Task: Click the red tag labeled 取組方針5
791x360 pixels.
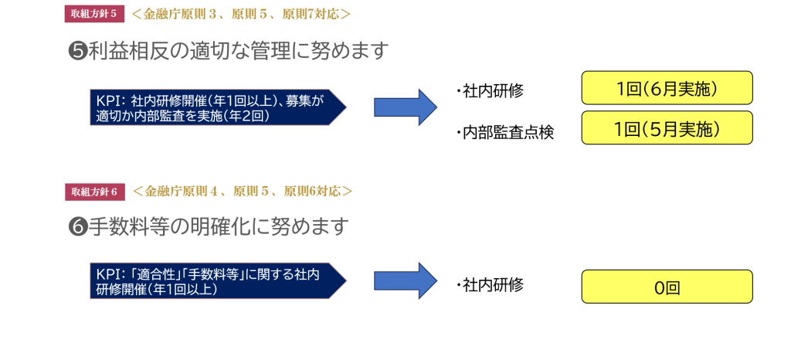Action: point(93,13)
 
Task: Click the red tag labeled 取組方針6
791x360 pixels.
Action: point(93,191)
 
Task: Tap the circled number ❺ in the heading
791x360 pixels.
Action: point(78,52)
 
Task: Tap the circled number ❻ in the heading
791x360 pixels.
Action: point(78,227)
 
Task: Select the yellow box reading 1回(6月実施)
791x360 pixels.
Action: point(667,88)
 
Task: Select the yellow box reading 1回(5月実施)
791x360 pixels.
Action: point(667,128)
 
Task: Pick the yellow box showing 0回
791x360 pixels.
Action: point(667,287)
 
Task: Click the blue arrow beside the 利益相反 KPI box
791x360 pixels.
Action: point(405,107)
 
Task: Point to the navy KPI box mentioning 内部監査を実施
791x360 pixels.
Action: point(216,107)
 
